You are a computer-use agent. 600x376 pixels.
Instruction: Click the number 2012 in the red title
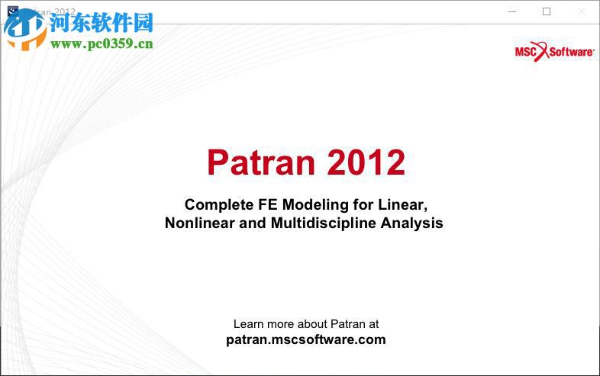click(x=366, y=162)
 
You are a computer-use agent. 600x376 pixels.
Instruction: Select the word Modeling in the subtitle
click(x=315, y=204)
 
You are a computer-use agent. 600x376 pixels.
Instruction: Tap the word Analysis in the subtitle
click(x=414, y=223)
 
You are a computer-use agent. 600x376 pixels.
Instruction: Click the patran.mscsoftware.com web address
click(x=306, y=340)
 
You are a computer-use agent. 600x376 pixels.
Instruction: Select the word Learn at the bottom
click(x=249, y=324)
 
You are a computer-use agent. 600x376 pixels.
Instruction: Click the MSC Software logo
click(x=554, y=51)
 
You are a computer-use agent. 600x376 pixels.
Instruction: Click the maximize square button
click(x=546, y=11)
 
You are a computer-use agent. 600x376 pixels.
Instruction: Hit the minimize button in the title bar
click(x=511, y=11)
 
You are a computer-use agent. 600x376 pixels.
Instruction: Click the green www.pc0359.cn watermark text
click(x=102, y=43)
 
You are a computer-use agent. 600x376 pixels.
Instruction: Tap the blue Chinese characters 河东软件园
click(x=102, y=23)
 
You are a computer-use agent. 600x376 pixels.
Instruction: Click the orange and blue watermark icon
click(x=24, y=29)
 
